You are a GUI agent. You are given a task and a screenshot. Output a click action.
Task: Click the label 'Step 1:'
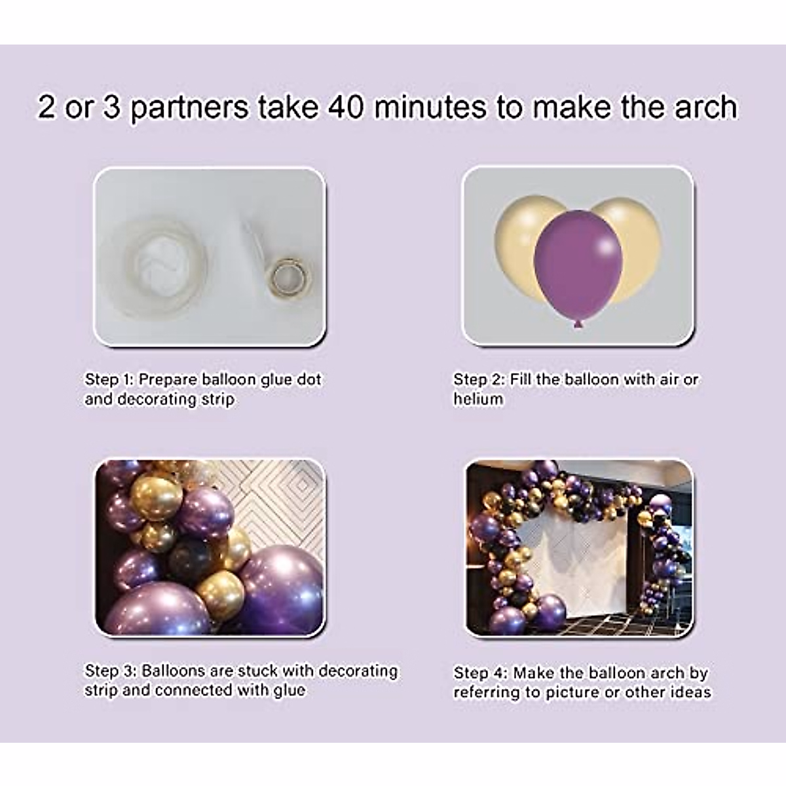pos(109,379)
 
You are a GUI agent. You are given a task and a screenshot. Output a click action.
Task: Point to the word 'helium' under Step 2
pos(478,399)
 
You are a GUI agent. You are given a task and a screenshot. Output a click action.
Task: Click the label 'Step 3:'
pos(111,671)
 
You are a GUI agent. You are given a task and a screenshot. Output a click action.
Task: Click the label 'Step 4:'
pos(480,673)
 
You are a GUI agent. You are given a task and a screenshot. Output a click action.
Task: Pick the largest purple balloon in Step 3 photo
pos(282,589)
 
